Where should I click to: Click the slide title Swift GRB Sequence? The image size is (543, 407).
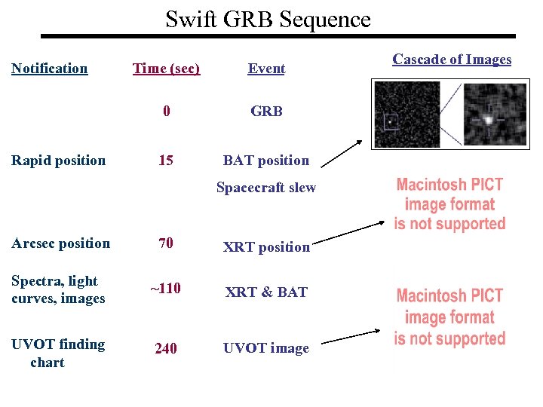pos(268,19)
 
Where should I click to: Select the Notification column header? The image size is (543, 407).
pos(50,69)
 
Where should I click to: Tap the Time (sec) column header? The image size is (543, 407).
pos(166,69)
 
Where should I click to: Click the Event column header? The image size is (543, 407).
pos(266,69)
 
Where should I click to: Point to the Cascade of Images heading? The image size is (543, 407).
pos(452,60)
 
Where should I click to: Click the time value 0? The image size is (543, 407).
pos(167,112)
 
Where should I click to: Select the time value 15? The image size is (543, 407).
pos(166,160)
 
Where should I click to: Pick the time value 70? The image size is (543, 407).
pos(166,243)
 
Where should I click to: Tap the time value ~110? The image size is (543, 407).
pos(166,289)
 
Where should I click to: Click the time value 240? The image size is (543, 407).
pos(167,348)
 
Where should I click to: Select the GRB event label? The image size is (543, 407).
pos(266,112)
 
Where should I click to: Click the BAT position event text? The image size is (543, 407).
pos(265,160)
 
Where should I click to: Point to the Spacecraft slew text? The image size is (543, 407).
pos(265,188)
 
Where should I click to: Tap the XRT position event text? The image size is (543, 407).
pos(266,246)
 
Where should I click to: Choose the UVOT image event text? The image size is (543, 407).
pos(265,348)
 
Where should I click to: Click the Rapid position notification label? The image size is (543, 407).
pos(59,160)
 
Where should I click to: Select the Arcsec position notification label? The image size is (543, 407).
pos(60,243)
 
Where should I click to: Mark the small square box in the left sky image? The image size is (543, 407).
pos(391,121)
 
